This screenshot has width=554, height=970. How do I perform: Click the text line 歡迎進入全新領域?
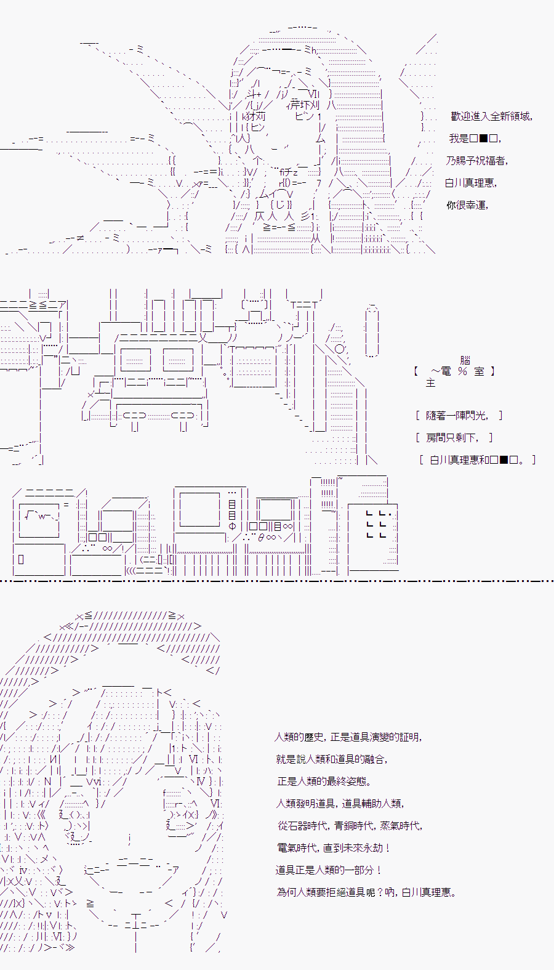tap(491, 116)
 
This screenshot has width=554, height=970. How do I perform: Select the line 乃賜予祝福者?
tap(477, 161)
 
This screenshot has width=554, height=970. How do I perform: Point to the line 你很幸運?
tap(467, 205)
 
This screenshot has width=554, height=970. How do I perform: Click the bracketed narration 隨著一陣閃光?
tap(459, 416)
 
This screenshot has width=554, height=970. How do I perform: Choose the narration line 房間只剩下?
tap(454, 438)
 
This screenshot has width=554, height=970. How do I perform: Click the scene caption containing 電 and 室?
tap(454, 371)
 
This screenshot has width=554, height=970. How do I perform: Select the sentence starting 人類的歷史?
tap(348, 737)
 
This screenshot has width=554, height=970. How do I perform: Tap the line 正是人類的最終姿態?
tap(324, 781)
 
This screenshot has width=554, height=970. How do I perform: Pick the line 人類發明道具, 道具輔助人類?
tap(340, 803)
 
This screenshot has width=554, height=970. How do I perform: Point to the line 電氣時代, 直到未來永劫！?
tap(334, 847)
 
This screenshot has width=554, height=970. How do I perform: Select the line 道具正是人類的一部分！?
tap(329, 870)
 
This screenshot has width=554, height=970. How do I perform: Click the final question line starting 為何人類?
tap(367, 892)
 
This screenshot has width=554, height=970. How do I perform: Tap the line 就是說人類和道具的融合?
tap(332, 759)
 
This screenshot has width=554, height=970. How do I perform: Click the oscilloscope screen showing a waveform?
tap(39, 521)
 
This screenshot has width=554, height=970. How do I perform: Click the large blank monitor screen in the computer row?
tap(199, 509)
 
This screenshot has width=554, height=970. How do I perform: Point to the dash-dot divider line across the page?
tap(277, 581)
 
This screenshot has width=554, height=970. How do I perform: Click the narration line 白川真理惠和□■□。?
tap(478, 460)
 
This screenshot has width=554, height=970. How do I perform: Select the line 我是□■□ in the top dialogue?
tap(475, 139)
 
